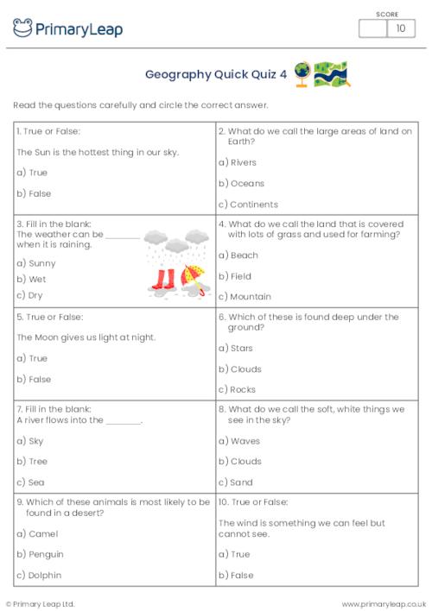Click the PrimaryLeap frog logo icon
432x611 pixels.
[x=23, y=28]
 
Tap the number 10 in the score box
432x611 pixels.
[x=400, y=28]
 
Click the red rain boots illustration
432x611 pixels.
[x=162, y=279]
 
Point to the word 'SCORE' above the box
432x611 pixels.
[x=387, y=13]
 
